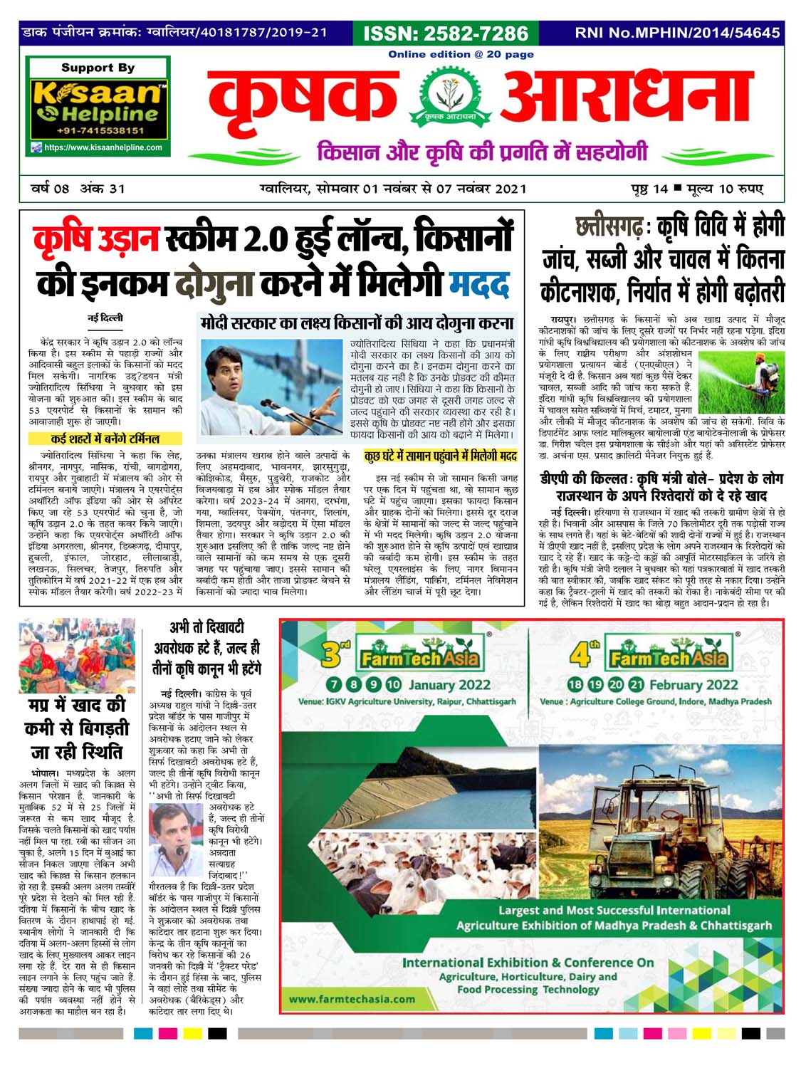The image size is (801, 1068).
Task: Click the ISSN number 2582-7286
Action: tap(446, 33)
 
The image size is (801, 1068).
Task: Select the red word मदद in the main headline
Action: tap(481, 283)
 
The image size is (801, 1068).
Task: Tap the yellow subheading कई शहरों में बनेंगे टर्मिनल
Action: tap(105, 439)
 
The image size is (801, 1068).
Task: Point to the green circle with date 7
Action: tap(334, 685)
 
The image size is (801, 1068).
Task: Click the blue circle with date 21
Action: tap(636, 685)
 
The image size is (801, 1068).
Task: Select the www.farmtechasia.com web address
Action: tap(352, 998)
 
